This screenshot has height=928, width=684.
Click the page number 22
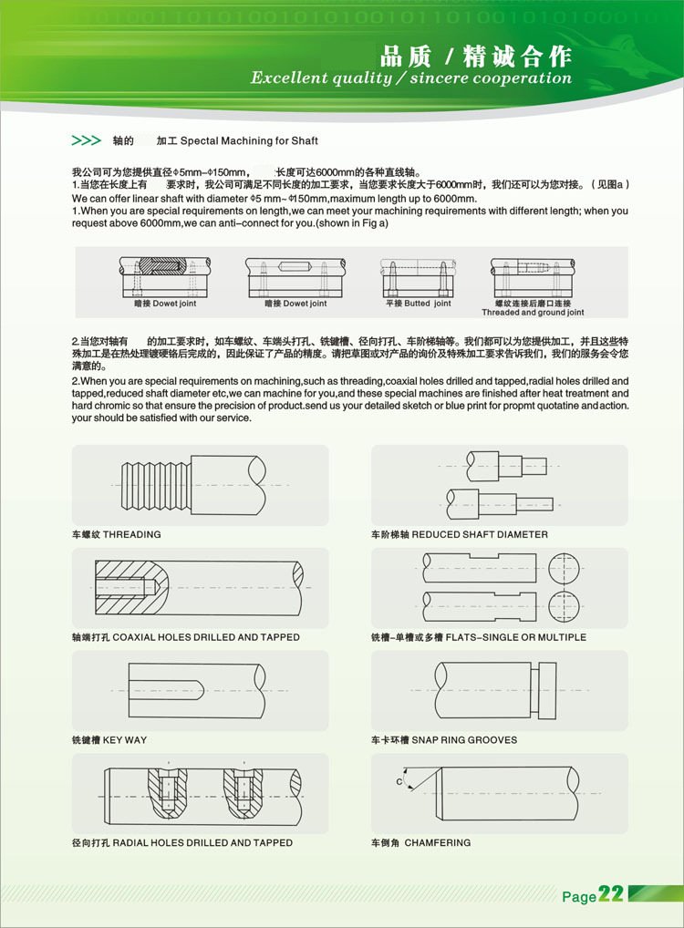pos(611,894)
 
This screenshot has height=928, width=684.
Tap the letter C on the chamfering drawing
pos(399,782)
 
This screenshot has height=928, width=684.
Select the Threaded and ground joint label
pos(534,313)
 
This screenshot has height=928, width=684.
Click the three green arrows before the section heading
pos(86,141)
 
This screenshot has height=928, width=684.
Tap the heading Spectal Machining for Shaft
pos(249,142)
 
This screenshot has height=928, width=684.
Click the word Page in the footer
pos(579,897)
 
